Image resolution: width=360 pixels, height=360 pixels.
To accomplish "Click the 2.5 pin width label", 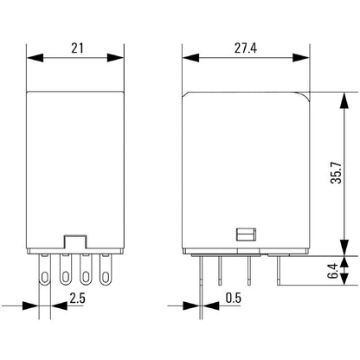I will (76, 299).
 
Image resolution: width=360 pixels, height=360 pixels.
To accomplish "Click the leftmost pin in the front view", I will (47, 274).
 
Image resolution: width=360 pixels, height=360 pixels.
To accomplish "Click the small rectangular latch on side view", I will (245, 234).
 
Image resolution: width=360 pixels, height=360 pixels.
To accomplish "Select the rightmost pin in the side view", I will (278, 272).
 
